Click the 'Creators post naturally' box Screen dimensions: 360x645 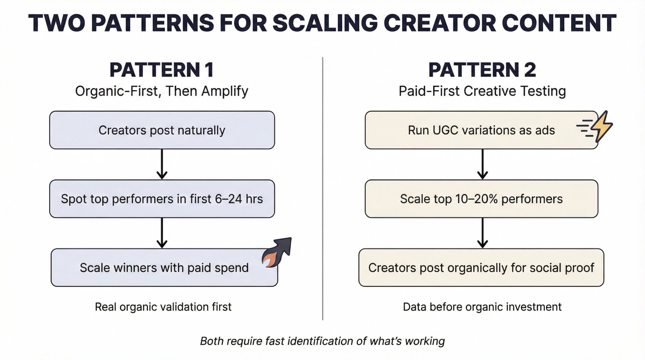pos(162,130)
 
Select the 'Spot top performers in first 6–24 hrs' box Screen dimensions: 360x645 pos(162,199)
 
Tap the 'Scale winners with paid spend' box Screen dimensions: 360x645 pos(164,267)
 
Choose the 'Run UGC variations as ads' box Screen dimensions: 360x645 pos(481,130)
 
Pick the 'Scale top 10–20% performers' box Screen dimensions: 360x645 pos(481,199)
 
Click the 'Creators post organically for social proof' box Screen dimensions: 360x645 pos(481,267)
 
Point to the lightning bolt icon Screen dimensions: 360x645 pos(600,126)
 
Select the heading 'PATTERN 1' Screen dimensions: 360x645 pos(162,70)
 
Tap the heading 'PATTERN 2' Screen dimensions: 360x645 pos(482,70)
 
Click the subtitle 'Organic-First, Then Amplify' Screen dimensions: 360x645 pos(162,91)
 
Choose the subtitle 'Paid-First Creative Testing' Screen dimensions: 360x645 pos(482,91)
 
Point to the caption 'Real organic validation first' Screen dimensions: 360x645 pos(163,307)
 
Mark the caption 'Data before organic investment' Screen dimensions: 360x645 pos(482,307)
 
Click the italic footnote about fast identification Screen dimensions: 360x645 pos(322,341)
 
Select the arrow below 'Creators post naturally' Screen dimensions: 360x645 pos(162,164)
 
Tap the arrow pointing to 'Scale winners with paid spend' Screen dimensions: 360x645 pos(162,233)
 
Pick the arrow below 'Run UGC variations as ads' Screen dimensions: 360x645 pos(482,164)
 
